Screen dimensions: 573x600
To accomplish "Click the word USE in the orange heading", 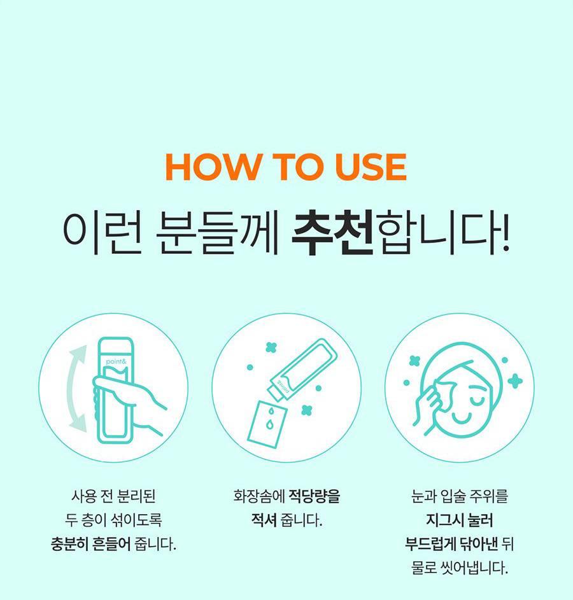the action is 370,167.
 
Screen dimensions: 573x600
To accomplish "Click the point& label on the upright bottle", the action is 116,361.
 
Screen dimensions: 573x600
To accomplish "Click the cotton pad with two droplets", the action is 267,424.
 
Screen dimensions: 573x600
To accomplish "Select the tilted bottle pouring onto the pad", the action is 303,370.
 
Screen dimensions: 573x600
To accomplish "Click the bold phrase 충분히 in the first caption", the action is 70,544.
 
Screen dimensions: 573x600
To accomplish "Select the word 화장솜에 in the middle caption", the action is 259,496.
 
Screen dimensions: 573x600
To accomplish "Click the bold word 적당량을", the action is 314,496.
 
